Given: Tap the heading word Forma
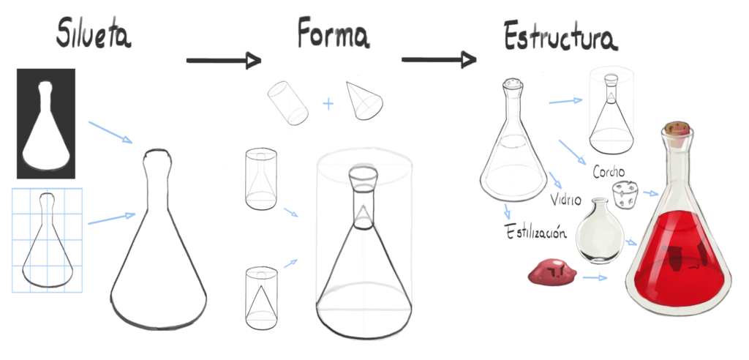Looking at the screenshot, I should (333, 34).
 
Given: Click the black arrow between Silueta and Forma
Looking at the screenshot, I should (223, 59).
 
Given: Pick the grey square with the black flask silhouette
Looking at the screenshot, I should (46, 124).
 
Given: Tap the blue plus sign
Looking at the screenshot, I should (328, 104).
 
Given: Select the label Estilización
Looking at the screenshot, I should (536, 233).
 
